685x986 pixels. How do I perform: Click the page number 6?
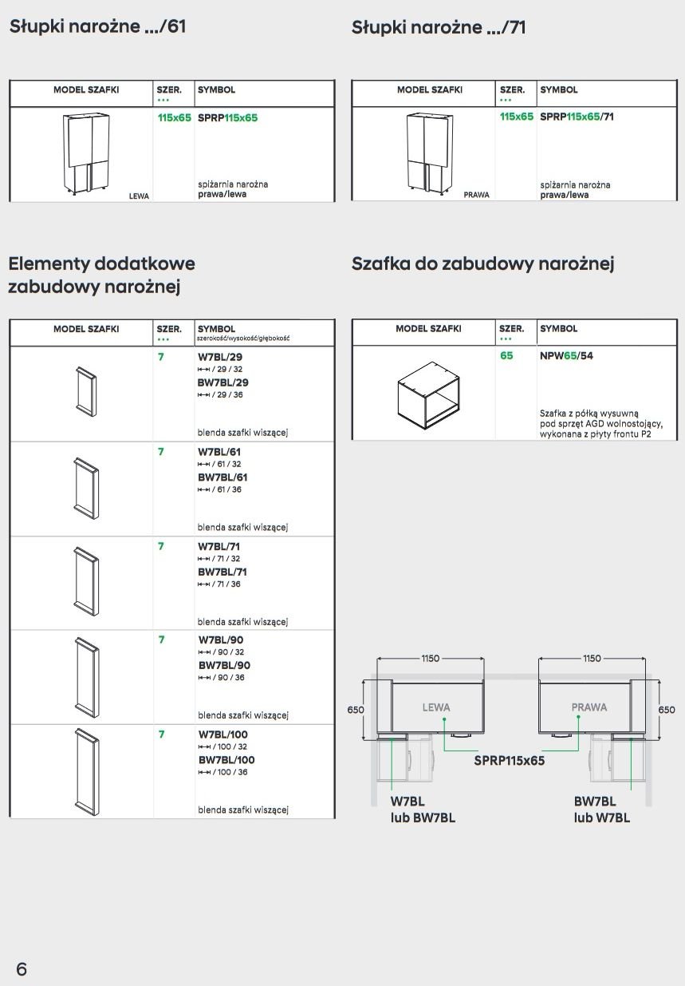click(x=22, y=969)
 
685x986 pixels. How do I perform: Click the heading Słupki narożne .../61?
click(x=97, y=26)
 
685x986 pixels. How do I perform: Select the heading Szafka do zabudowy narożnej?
click(x=482, y=263)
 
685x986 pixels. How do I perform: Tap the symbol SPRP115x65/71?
click(x=577, y=117)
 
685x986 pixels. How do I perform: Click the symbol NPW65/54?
click(x=566, y=356)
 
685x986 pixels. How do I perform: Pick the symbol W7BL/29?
click(x=220, y=357)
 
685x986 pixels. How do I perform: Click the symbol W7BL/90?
click(x=220, y=640)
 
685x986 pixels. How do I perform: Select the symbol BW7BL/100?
click(x=226, y=759)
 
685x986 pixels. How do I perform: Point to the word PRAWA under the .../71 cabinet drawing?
click(x=476, y=195)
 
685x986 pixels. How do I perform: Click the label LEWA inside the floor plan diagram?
click(x=436, y=707)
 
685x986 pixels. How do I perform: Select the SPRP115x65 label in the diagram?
click(x=509, y=761)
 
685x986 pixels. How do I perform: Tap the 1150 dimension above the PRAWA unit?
click(x=592, y=659)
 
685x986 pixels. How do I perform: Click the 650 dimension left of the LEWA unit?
click(x=355, y=709)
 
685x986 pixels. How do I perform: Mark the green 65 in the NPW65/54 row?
click(x=506, y=356)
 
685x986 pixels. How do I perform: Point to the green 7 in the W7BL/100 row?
click(x=161, y=734)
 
